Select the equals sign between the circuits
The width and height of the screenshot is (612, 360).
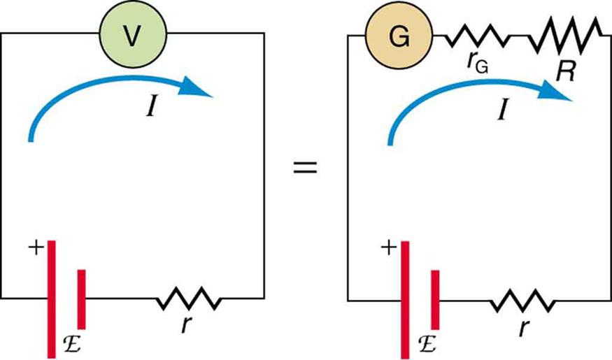pyautogui.click(x=305, y=168)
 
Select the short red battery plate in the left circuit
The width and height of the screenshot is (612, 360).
pyautogui.click(x=82, y=298)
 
